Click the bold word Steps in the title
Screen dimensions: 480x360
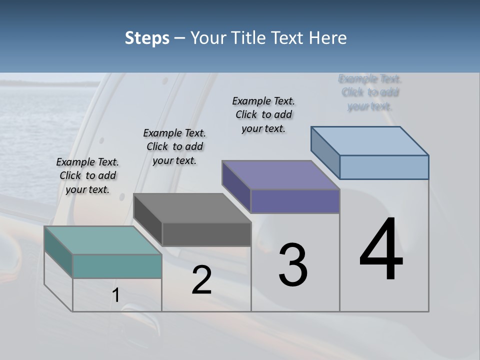[147, 38]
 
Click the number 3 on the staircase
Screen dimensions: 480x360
[292, 265]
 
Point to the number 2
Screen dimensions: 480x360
[202, 279]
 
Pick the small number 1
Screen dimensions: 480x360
[115, 295]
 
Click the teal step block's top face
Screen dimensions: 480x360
[102, 240]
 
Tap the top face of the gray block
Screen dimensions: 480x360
[192, 207]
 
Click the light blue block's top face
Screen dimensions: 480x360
[370, 140]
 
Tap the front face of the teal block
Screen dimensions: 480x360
[117, 266]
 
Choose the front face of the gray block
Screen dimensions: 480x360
[206, 234]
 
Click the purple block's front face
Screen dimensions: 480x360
[295, 201]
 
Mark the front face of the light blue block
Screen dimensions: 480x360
[384, 167]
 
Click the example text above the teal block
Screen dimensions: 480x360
[87, 175]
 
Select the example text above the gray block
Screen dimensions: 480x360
[174, 146]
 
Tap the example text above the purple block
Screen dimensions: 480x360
[263, 114]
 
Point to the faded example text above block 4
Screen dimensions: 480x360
[370, 92]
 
